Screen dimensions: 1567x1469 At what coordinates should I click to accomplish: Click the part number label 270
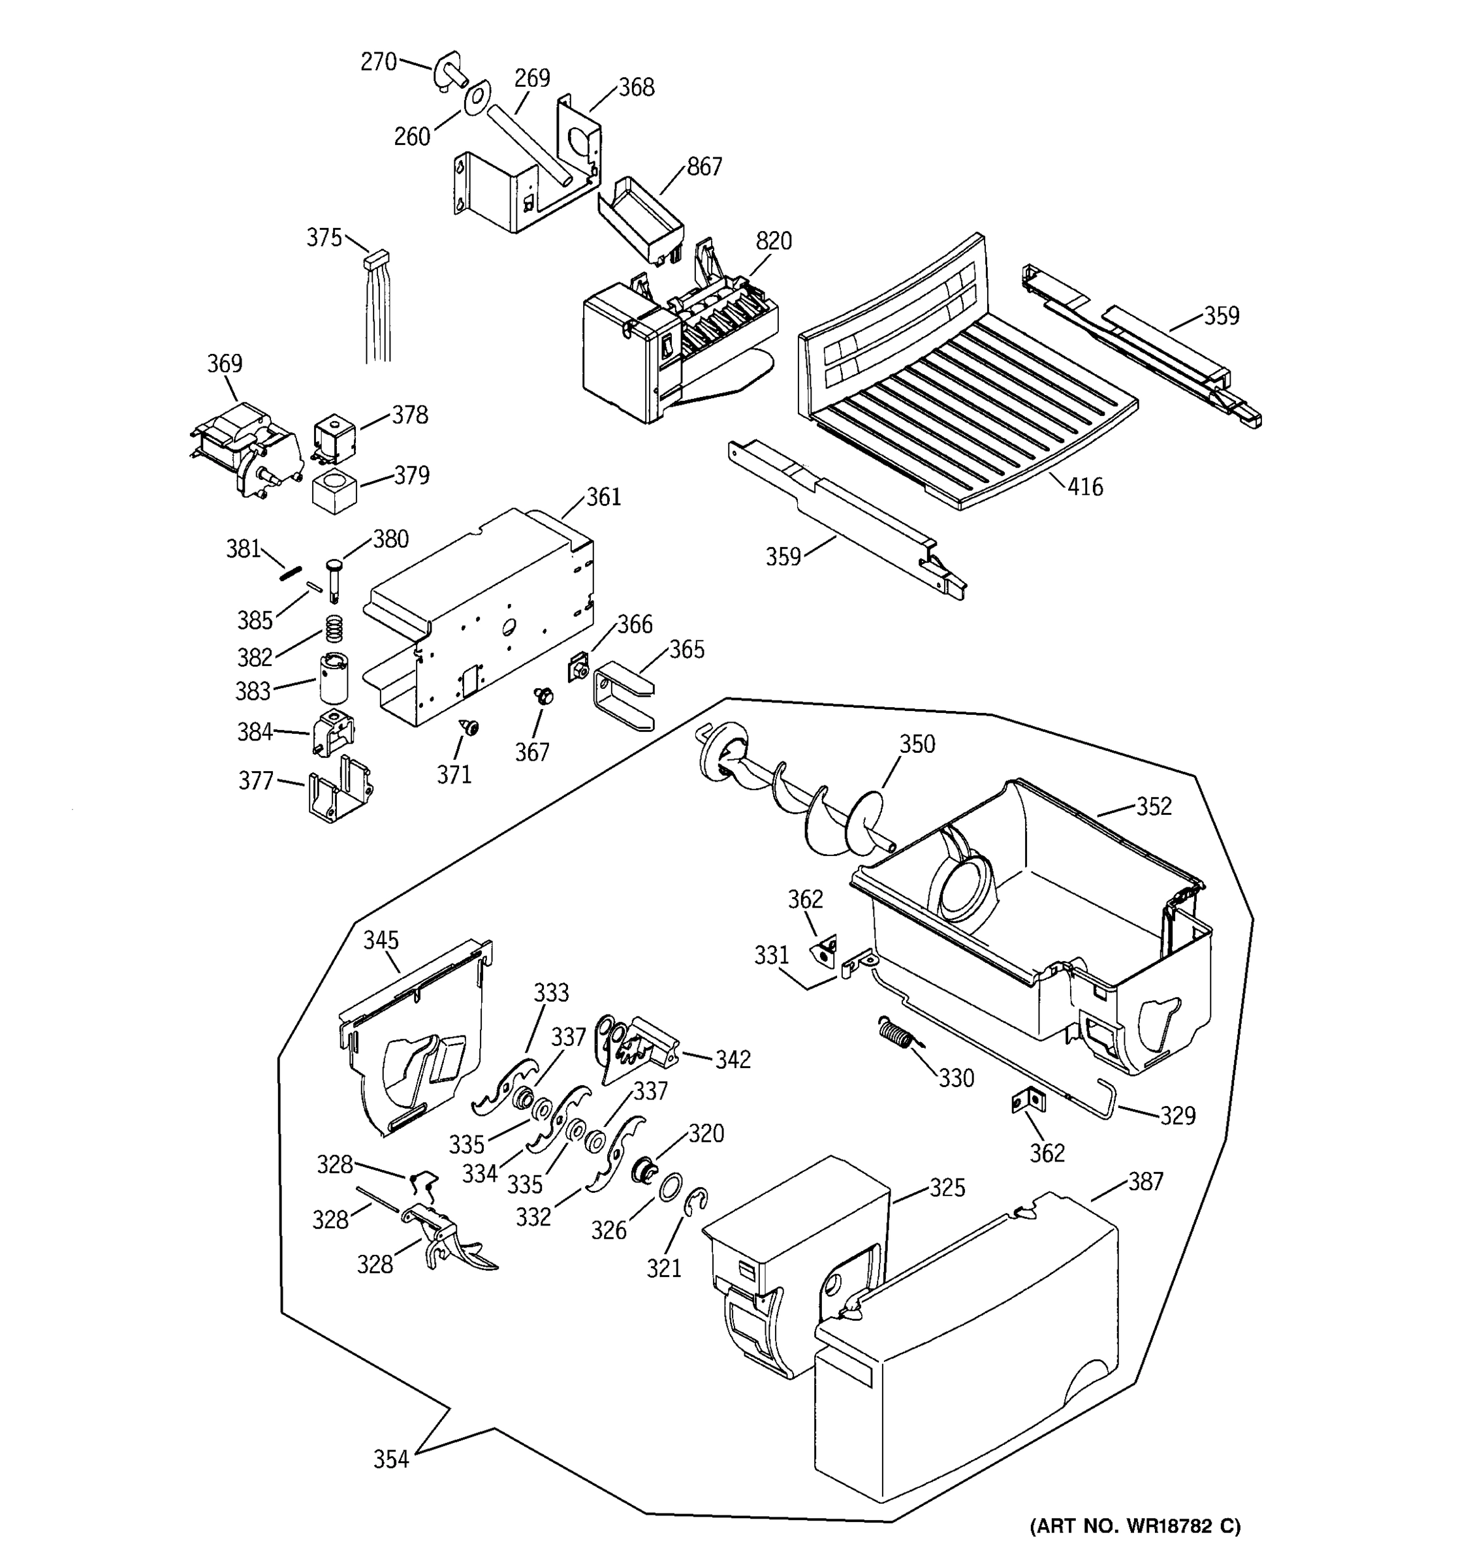point(378,61)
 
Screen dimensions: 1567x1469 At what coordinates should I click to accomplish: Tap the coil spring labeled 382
point(335,629)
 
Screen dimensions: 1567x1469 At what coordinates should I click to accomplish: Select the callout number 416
point(1085,487)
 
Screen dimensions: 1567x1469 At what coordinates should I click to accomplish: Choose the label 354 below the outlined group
point(391,1460)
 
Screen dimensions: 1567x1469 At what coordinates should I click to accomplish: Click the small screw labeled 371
point(471,727)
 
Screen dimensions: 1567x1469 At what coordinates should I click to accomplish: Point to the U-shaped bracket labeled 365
point(623,695)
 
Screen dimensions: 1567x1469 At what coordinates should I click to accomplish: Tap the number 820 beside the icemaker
point(773,241)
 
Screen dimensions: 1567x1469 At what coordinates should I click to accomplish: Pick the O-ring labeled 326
point(670,1186)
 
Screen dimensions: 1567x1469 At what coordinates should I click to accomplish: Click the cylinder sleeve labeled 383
point(334,676)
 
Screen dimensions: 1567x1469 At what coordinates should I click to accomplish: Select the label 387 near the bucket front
point(1145,1180)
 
